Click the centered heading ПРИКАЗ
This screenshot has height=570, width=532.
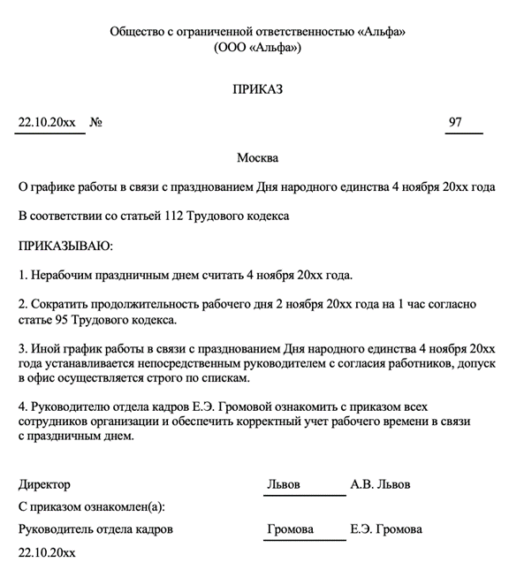(257, 89)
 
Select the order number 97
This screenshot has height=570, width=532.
(455, 123)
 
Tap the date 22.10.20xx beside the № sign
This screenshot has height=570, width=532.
(47, 123)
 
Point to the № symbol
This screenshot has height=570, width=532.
(96, 123)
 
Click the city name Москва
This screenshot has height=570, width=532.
(257, 158)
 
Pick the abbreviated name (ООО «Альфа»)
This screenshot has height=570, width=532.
(257, 47)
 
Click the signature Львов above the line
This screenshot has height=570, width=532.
(284, 484)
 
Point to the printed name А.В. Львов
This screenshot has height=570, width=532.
(380, 484)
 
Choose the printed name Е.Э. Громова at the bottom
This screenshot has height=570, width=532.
(385, 529)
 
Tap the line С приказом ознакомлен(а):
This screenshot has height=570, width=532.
(91, 507)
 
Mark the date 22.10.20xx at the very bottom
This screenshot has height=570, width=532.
(47, 552)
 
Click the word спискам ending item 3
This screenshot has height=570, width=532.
(228, 379)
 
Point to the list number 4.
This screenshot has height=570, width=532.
(22, 407)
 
